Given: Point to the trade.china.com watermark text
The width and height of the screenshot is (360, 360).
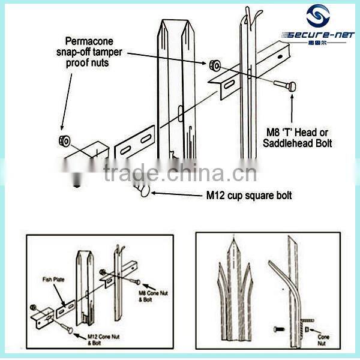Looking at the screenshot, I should tap(179, 173).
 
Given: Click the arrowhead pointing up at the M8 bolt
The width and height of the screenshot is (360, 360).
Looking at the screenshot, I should tap(292, 96).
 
